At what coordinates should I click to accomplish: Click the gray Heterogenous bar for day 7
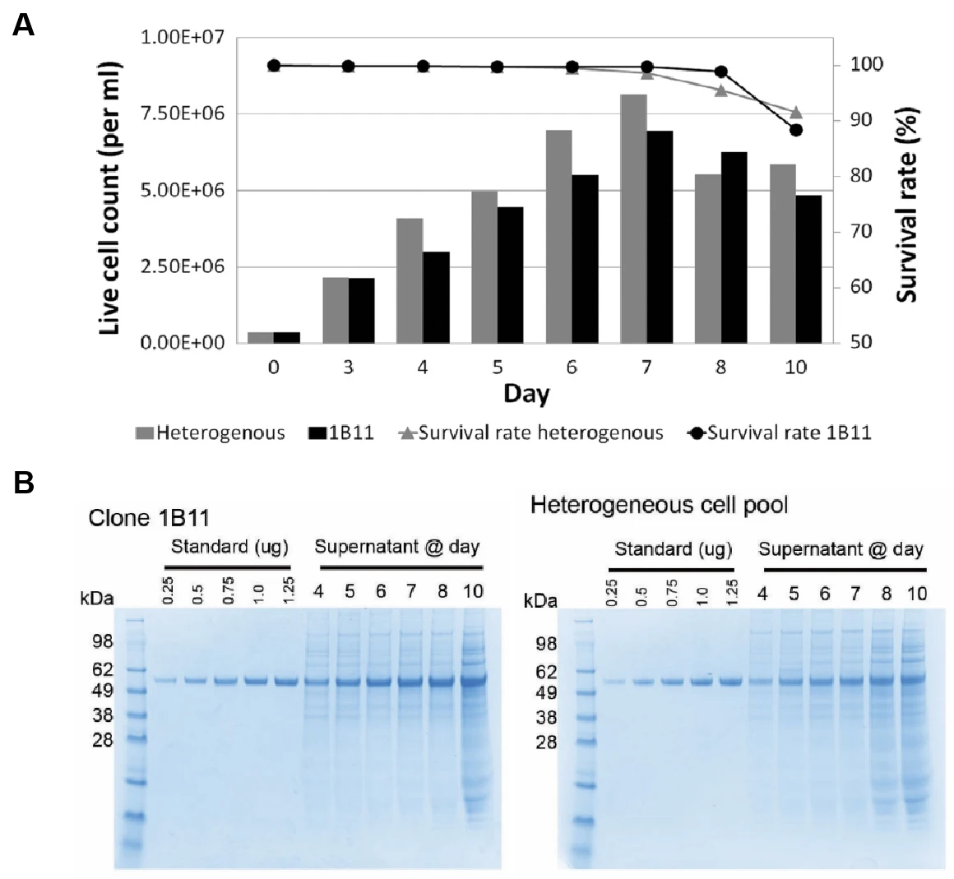pyautogui.click(x=633, y=218)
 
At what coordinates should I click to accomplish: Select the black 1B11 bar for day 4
pyautogui.click(x=436, y=297)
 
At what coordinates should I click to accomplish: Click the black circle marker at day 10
pyautogui.click(x=795, y=129)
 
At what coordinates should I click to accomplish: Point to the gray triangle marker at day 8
pyautogui.click(x=721, y=90)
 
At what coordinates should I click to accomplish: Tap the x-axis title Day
pyautogui.click(x=527, y=393)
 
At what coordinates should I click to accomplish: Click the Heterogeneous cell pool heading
pyautogui.click(x=659, y=505)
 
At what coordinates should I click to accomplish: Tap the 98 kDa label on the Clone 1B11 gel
pyautogui.click(x=113, y=641)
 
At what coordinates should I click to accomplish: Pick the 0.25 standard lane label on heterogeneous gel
pyautogui.click(x=613, y=590)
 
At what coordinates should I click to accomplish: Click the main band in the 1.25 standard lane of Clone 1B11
pyautogui.click(x=287, y=681)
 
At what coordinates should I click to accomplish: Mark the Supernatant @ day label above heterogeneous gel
pyautogui.click(x=841, y=550)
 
